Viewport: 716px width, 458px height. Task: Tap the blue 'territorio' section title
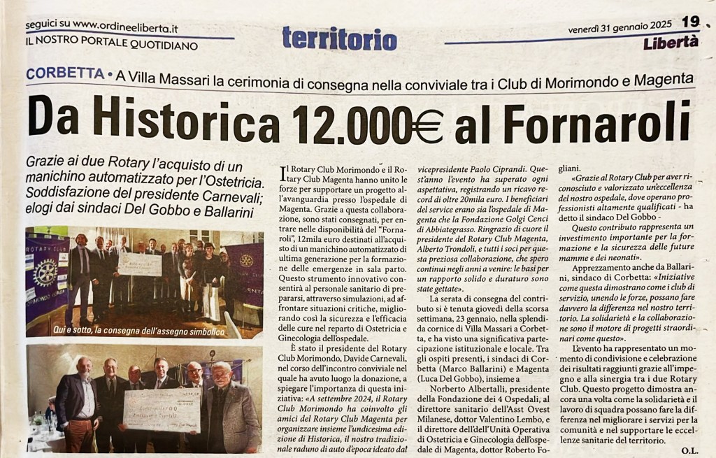click(x=339, y=38)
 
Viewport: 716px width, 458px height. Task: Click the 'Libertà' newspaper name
click(x=671, y=42)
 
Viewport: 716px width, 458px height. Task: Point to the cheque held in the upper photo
click(x=140, y=264)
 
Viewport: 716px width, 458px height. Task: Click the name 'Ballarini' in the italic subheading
click(x=222, y=208)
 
